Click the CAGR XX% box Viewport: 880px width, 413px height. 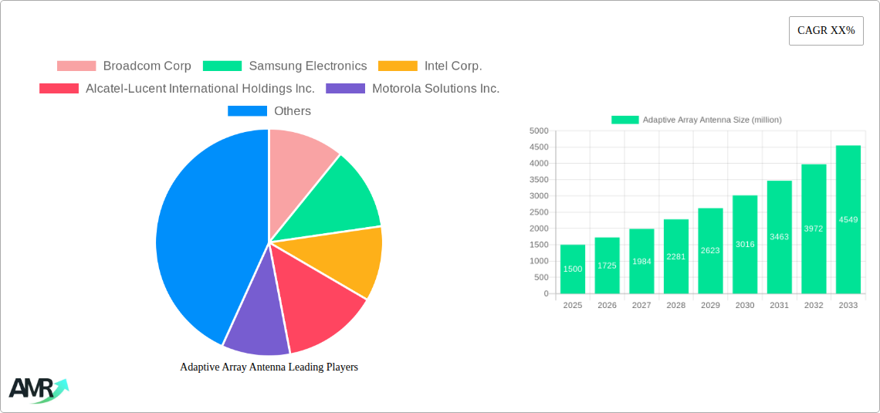[x=826, y=31]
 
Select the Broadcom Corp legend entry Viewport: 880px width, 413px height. [x=124, y=66]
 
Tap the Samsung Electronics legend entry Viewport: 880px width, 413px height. [x=285, y=66]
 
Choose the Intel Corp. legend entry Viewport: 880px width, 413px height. [x=430, y=66]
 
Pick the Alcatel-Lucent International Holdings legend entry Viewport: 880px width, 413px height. [x=178, y=88]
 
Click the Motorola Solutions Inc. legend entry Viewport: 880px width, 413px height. [x=413, y=88]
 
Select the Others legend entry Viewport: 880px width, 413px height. [x=269, y=110]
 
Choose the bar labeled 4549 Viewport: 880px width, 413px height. [x=848, y=219]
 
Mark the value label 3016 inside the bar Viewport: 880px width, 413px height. [x=745, y=245]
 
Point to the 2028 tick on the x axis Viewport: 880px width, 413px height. [x=675, y=305]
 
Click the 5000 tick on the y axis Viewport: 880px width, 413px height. [x=539, y=131]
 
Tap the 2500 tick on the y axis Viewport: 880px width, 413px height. [x=539, y=212]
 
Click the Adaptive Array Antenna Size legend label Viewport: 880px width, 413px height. [x=711, y=120]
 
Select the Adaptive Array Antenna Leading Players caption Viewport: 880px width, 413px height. [x=269, y=367]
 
